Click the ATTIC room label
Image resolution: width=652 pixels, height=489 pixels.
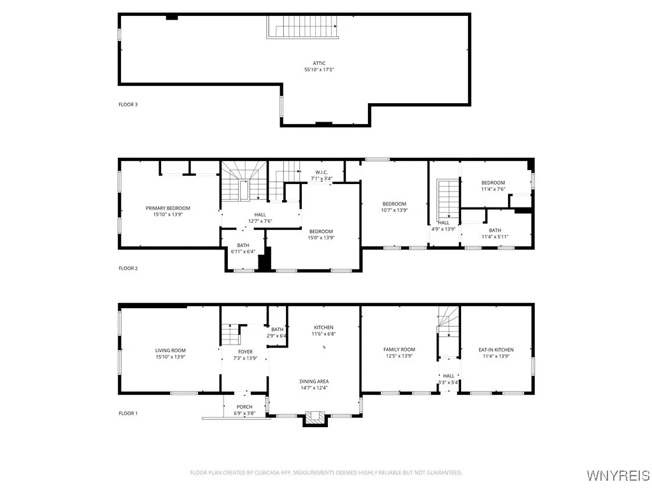click(x=320, y=63)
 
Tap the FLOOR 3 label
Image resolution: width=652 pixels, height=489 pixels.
click(x=128, y=104)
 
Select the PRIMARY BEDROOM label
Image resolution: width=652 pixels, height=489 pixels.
click(x=168, y=208)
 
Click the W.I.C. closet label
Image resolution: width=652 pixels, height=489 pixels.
click(x=322, y=172)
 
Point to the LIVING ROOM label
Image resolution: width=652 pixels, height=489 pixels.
click(x=171, y=351)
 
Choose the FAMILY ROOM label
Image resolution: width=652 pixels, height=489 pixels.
click(x=399, y=350)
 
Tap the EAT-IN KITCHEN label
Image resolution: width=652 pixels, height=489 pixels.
click(x=496, y=350)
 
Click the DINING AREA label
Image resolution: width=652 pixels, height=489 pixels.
click(x=314, y=381)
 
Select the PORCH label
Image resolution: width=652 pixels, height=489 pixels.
click(x=244, y=407)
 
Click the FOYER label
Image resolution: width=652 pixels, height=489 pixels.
click(x=245, y=351)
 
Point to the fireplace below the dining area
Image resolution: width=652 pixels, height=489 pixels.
click(x=315, y=418)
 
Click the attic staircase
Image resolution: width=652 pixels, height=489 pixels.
click(x=302, y=27)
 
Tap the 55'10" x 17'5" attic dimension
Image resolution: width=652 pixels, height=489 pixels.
click(x=320, y=70)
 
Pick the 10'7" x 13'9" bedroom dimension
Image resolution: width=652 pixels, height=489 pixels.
click(x=394, y=210)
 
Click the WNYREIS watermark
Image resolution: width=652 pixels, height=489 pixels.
click(x=618, y=475)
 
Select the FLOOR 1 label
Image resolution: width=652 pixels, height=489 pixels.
click(x=128, y=413)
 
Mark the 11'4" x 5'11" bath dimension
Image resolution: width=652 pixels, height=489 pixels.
click(x=495, y=237)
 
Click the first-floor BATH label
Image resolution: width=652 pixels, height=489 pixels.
click(x=278, y=329)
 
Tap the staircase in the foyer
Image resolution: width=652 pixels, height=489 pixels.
click(x=230, y=334)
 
